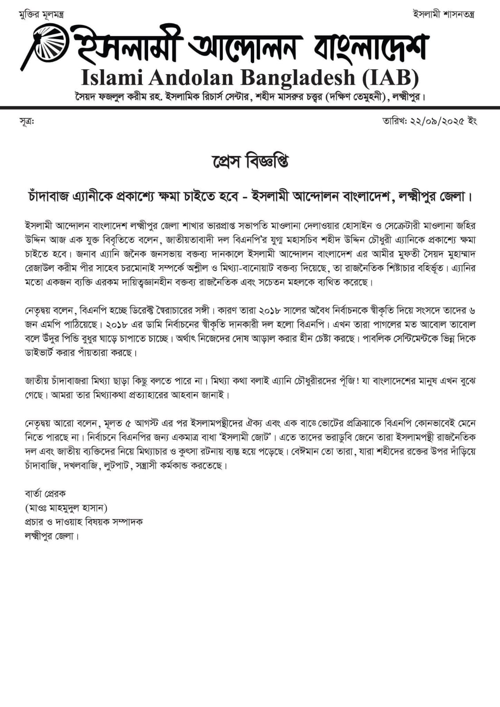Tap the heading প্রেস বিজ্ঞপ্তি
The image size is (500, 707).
click(x=250, y=162)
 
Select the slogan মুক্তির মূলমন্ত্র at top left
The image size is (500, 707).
click(x=41, y=14)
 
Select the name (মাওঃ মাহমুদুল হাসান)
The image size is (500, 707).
click(x=66, y=507)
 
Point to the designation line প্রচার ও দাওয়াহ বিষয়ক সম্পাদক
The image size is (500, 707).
click(x=84, y=521)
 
